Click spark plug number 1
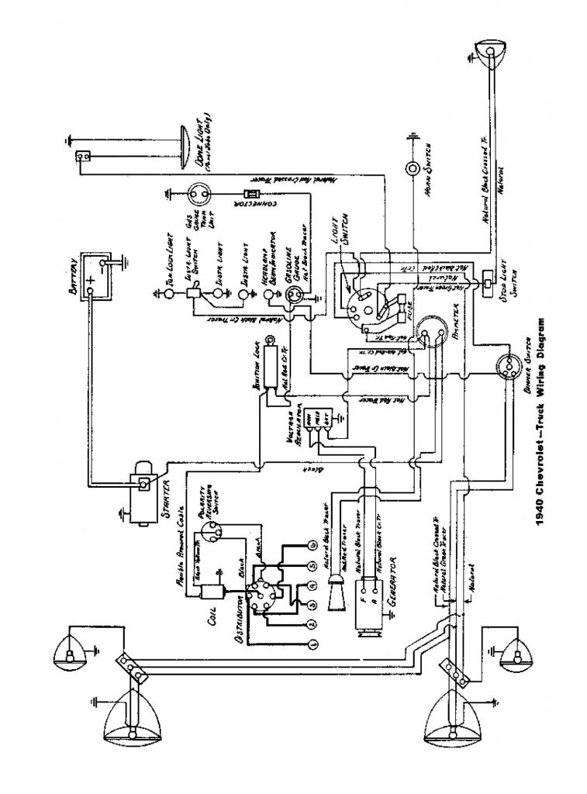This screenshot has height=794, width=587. coord(311,644)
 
